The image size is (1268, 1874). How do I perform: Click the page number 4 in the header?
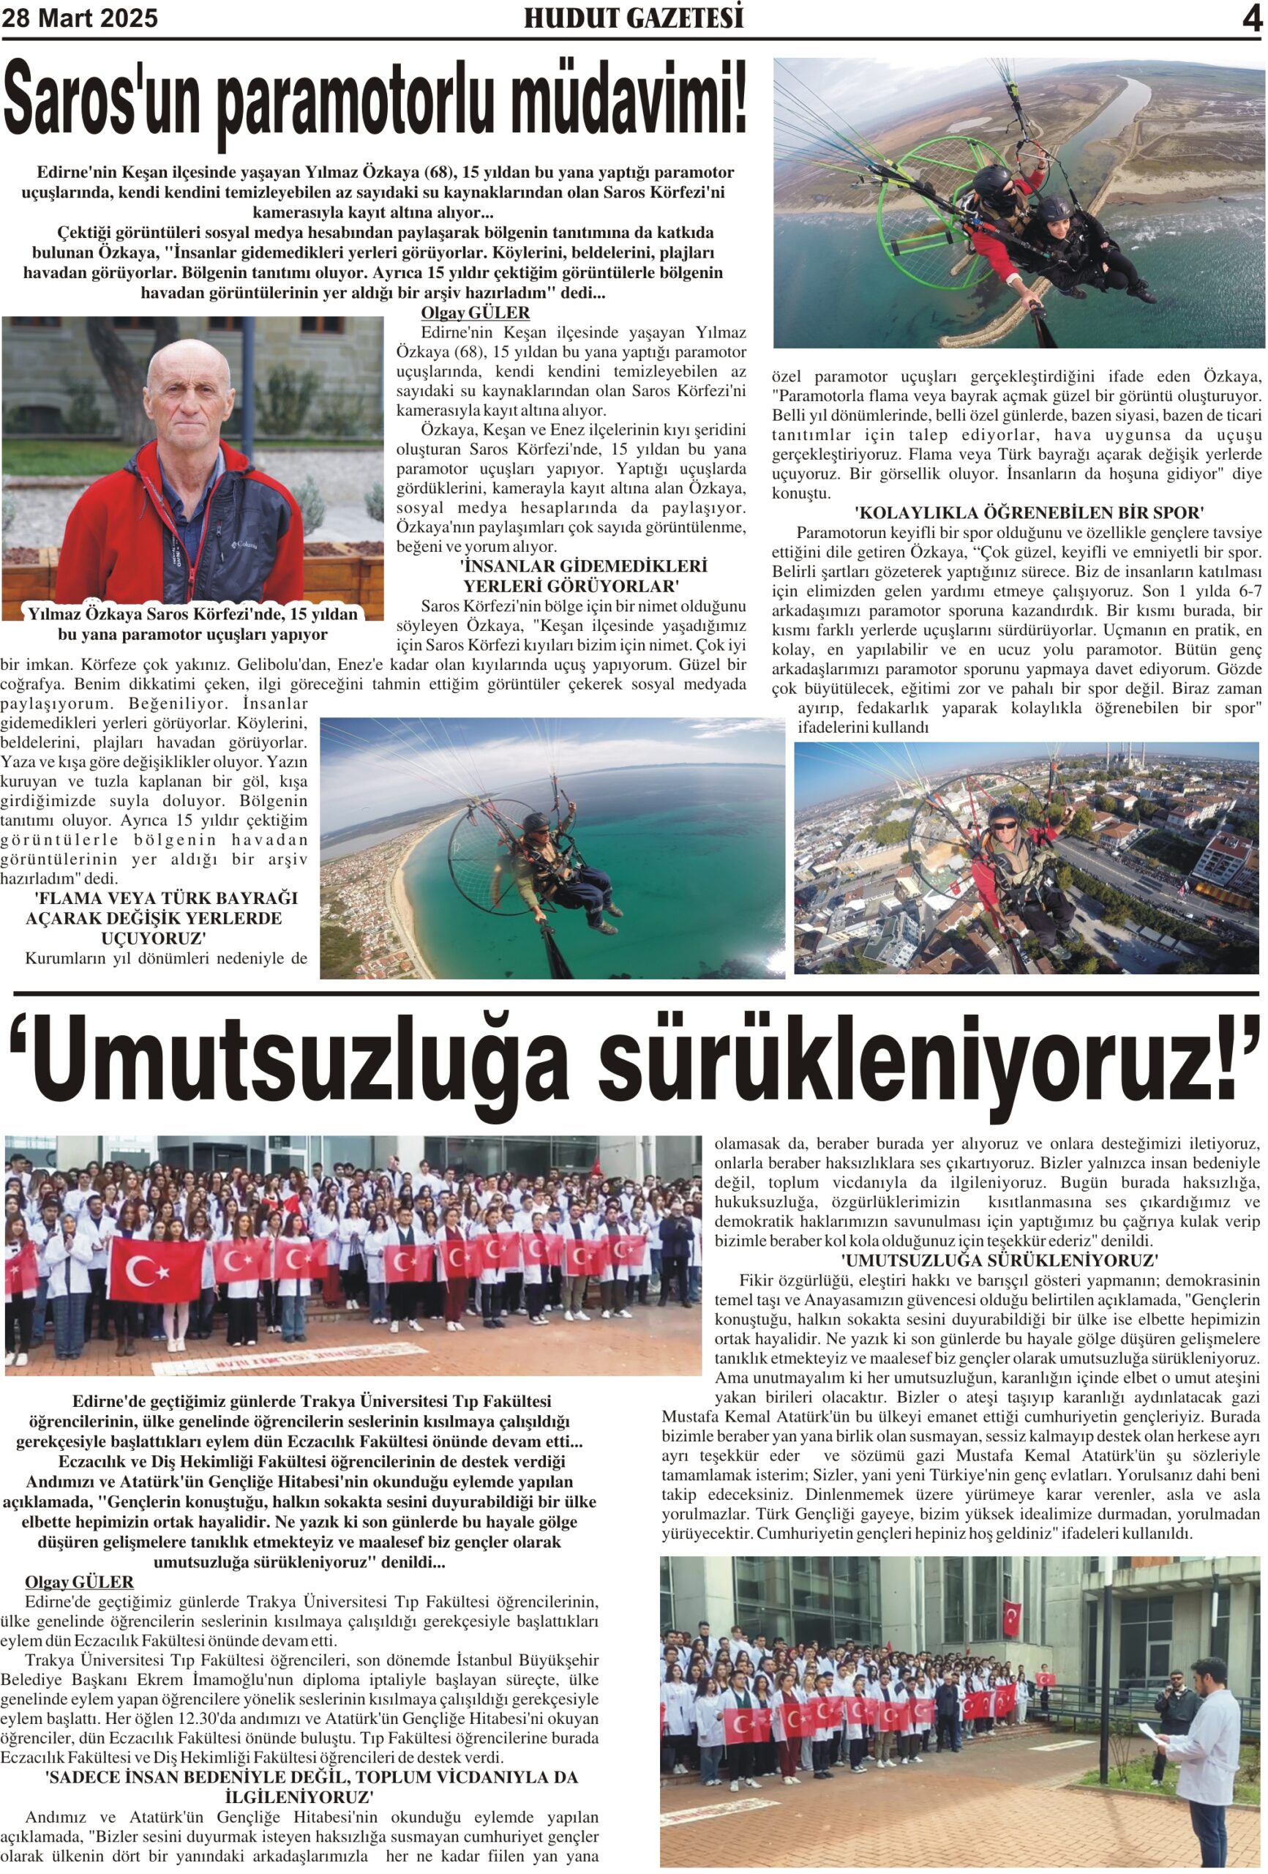pyautogui.click(x=1251, y=18)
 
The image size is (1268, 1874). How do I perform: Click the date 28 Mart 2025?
pyautogui.click(x=80, y=18)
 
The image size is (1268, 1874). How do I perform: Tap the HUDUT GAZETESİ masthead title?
pyautogui.click(x=633, y=18)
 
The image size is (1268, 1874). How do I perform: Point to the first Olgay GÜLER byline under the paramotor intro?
pyautogui.click(x=475, y=313)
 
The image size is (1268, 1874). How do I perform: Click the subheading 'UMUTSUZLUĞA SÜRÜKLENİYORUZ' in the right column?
pyautogui.click(x=999, y=1260)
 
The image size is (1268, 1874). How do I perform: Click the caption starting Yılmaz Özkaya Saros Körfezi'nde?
pyautogui.click(x=192, y=623)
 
